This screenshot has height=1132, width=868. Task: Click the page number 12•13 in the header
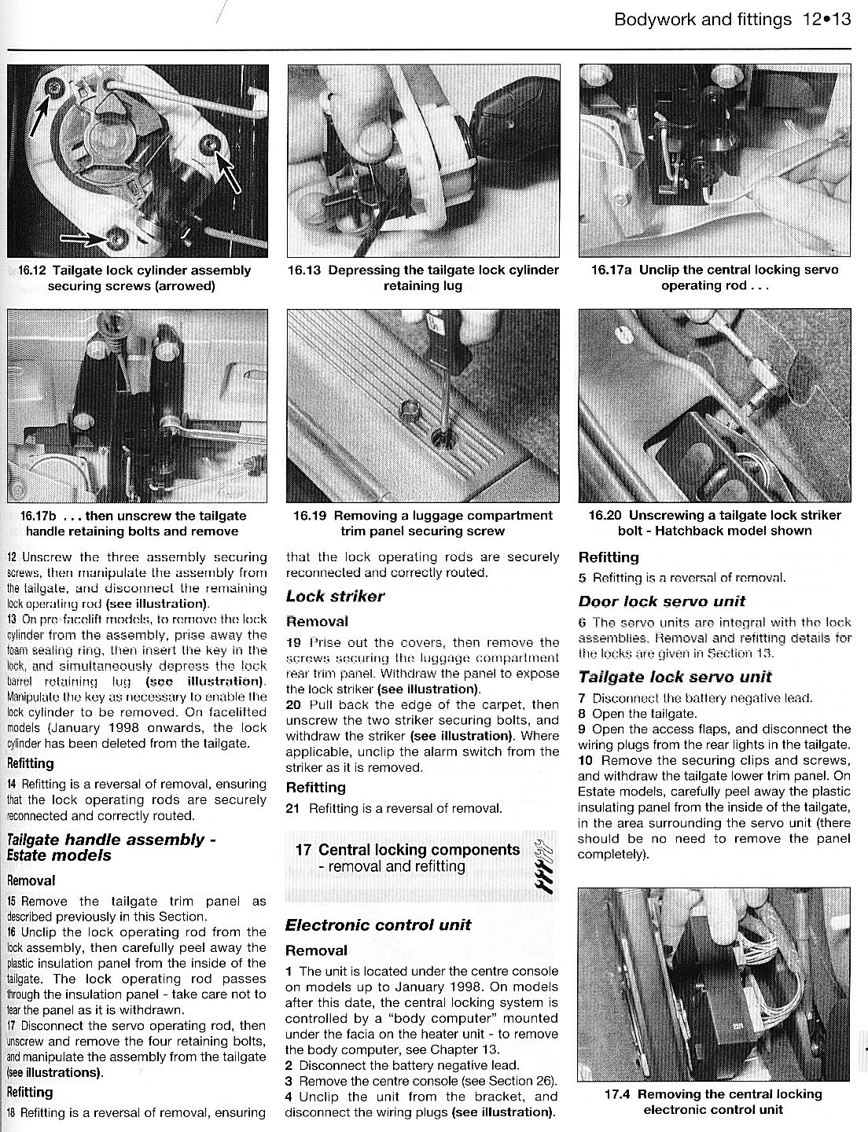point(828,20)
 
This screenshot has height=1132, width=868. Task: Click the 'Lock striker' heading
point(335,596)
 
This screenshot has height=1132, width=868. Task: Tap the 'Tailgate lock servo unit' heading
point(675,677)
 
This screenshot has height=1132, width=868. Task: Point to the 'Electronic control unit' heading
point(378,924)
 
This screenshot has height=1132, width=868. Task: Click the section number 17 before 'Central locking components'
point(304,850)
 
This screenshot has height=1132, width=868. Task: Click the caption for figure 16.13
point(423,277)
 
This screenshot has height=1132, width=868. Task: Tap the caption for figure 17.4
point(713,1101)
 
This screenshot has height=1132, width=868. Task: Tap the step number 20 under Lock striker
point(293,704)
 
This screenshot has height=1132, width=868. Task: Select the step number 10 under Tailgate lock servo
point(585,760)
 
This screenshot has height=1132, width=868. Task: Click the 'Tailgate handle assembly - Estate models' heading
point(110,847)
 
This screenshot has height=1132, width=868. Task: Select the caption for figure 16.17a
point(714,277)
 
